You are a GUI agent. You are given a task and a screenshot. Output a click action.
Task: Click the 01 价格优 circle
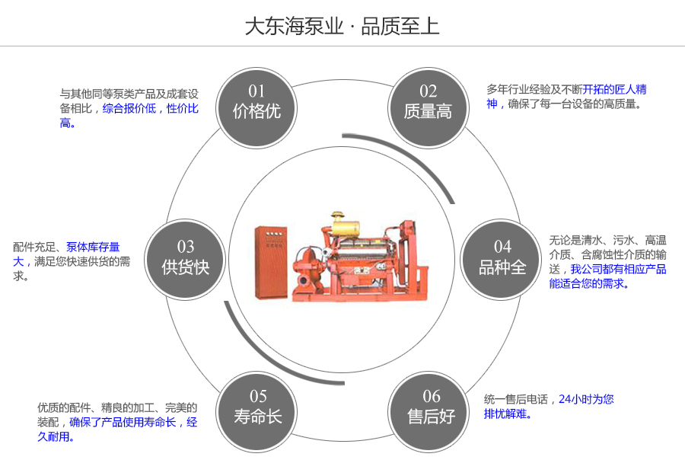tap(256, 103)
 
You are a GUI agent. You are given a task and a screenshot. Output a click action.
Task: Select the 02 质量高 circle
tap(428, 103)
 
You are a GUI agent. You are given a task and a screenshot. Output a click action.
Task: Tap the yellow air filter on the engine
tap(345, 226)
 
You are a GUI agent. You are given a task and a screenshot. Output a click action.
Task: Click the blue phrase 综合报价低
tap(129, 109)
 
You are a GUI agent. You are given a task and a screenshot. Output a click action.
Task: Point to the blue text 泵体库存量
tap(93, 247)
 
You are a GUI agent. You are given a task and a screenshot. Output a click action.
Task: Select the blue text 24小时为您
tap(586, 399)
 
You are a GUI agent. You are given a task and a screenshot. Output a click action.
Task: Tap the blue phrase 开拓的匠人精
tap(615, 89)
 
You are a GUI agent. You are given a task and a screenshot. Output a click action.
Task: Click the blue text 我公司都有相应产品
tap(618, 269)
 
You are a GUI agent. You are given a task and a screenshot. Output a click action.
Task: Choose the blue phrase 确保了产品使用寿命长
tap(123, 422)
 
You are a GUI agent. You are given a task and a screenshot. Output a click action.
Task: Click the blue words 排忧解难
tap(508, 414)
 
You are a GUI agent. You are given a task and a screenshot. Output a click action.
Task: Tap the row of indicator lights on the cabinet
tap(275, 232)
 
